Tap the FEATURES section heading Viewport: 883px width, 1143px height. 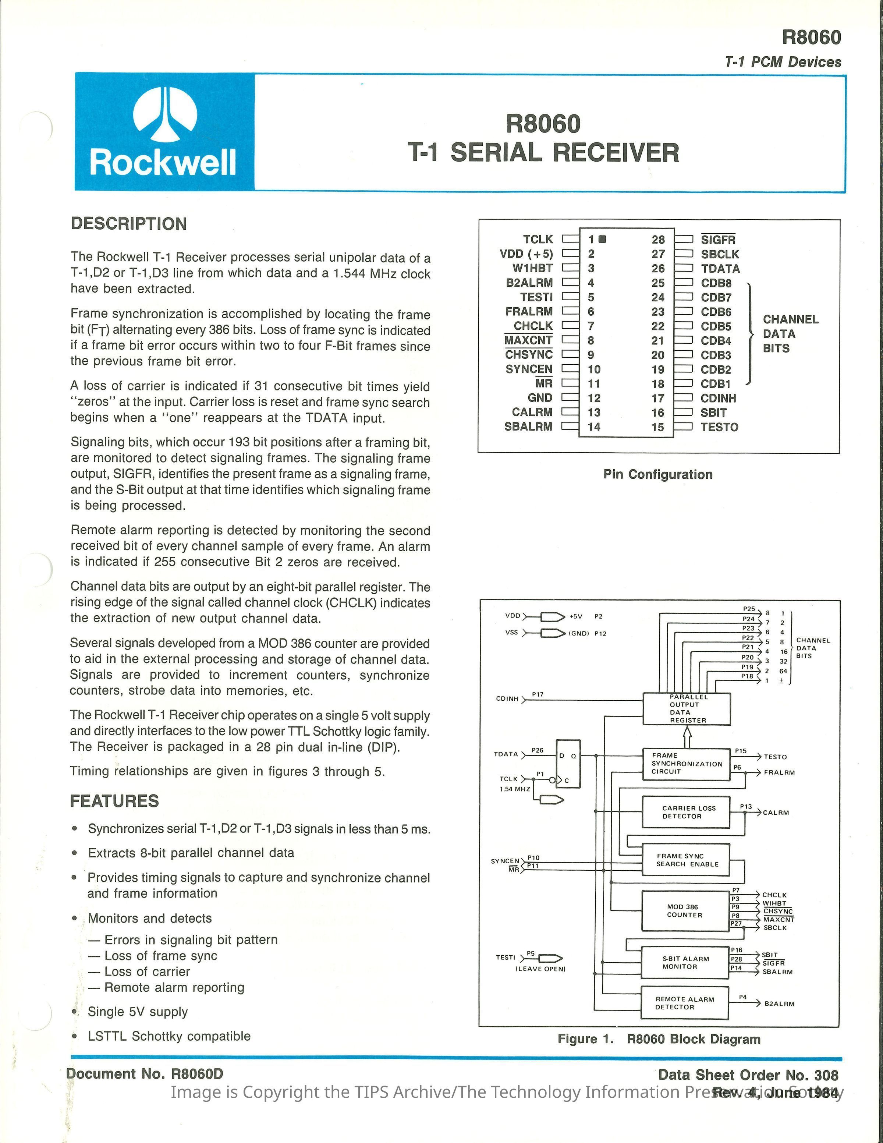pyautogui.click(x=114, y=801)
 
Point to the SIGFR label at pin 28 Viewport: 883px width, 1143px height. pyautogui.click(x=718, y=240)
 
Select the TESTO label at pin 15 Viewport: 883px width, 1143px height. pyautogui.click(x=719, y=427)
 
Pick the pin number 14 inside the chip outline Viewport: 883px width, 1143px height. pyautogui.click(x=594, y=427)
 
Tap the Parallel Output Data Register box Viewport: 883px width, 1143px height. pyautogui.click(x=686, y=709)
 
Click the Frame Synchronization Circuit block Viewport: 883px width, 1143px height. pyautogui.click(x=686, y=763)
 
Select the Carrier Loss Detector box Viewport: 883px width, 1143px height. pyautogui.click(x=686, y=812)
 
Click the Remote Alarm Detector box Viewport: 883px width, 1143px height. pyautogui.click(x=684, y=1003)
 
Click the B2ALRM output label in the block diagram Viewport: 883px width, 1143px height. pyautogui.click(x=779, y=1004)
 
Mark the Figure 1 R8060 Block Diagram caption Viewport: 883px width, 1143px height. pyautogui.click(x=659, y=1039)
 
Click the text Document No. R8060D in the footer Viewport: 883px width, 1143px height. pyautogui.click(x=145, y=1073)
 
